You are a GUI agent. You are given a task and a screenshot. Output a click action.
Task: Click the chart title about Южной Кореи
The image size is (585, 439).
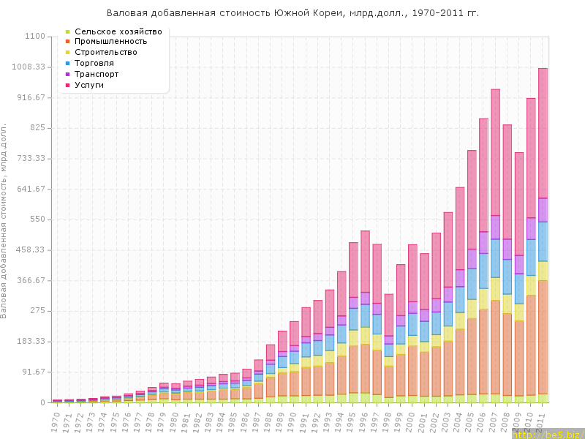pos(292,13)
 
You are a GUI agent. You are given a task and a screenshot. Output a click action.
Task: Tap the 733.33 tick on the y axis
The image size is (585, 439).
pos(29,159)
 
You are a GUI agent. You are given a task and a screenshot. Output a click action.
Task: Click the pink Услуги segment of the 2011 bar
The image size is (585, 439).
pos(543,132)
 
